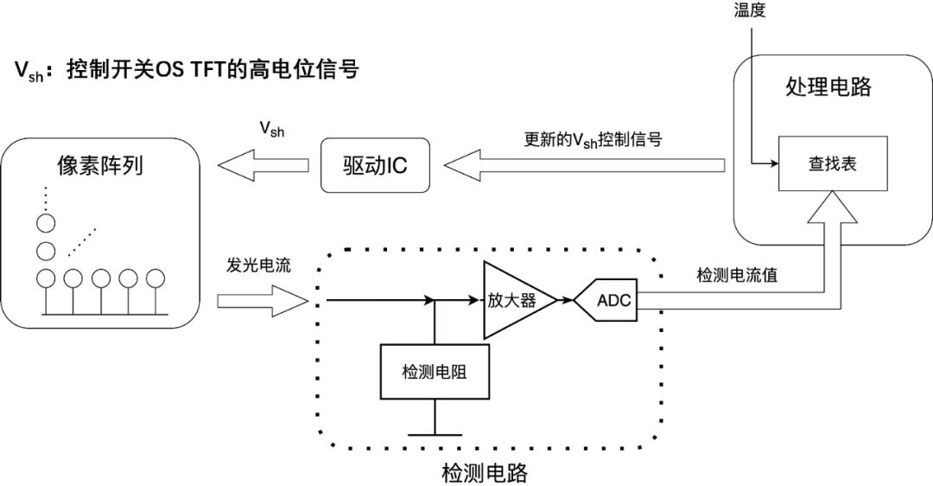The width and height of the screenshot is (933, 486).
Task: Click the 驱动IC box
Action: (374, 163)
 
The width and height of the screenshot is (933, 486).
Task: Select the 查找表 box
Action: (832, 163)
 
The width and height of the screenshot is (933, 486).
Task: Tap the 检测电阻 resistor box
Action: (434, 372)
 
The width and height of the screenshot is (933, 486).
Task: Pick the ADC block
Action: (612, 300)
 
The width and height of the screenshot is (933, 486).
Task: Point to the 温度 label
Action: (749, 12)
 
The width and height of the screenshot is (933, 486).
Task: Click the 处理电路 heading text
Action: (828, 86)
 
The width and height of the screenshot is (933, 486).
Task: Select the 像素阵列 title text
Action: (100, 166)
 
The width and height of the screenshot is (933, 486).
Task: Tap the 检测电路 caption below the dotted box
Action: (484, 473)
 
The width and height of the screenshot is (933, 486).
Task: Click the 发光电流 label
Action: (258, 265)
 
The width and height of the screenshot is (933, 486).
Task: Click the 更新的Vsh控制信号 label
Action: (593, 139)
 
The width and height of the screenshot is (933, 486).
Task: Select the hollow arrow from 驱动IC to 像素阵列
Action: (262, 163)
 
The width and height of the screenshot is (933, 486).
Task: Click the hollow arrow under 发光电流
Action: (262, 301)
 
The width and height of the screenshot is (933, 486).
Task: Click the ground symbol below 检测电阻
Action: (434, 434)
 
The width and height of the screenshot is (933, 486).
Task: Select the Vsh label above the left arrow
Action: (271, 129)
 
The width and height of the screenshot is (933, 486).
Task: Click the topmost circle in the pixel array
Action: (45, 223)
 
